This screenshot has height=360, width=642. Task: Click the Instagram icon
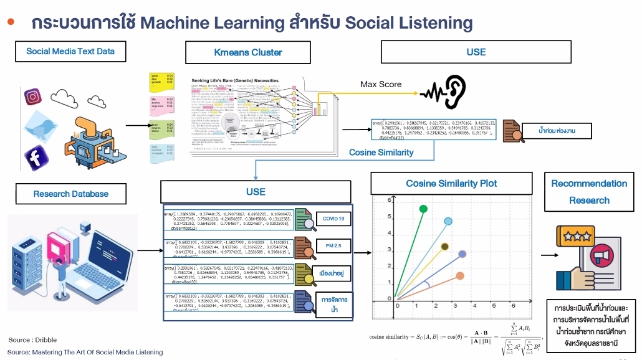click(x=32, y=97)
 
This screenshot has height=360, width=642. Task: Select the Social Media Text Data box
click(x=70, y=51)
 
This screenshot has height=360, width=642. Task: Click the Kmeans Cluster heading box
click(x=248, y=52)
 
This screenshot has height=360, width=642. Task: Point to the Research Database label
click(x=70, y=194)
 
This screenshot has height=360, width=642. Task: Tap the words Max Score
click(x=381, y=84)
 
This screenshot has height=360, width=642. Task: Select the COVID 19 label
click(x=333, y=219)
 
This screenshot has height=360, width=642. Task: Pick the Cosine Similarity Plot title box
click(x=452, y=184)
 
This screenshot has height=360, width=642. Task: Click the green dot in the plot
click(x=424, y=209)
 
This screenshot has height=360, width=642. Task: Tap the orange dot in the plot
click(x=460, y=275)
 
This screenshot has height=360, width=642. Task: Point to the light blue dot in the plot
click(x=448, y=222)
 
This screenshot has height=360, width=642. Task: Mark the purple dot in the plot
click(x=462, y=254)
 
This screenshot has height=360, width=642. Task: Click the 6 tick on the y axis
click(x=388, y=200)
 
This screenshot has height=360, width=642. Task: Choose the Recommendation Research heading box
click(x=589, y=192)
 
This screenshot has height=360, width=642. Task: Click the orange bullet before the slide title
click(x=11, y=22)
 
